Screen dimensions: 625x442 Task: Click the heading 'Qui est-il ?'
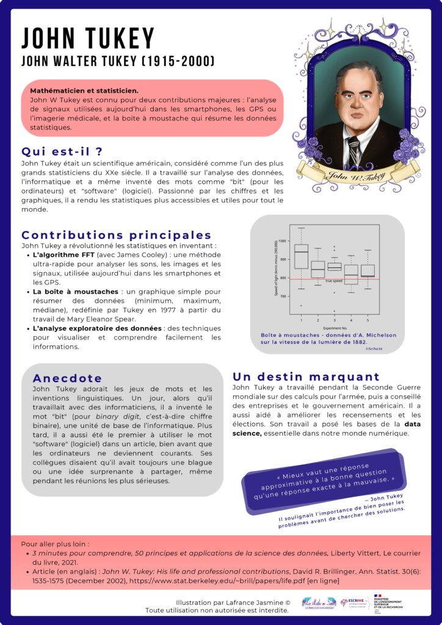click(61, 152)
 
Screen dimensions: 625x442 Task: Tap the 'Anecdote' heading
click(67, 378)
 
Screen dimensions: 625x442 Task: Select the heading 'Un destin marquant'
click(306, 377)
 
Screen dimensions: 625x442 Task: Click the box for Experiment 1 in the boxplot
click(301, 256)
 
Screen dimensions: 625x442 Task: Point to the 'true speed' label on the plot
click(333, 281)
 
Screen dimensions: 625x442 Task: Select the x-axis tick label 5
click(368, 320)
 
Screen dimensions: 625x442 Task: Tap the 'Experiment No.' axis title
click(335, 328)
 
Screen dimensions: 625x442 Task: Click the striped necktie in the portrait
click(353, 151)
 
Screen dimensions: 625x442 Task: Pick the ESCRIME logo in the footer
click(353, 602)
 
